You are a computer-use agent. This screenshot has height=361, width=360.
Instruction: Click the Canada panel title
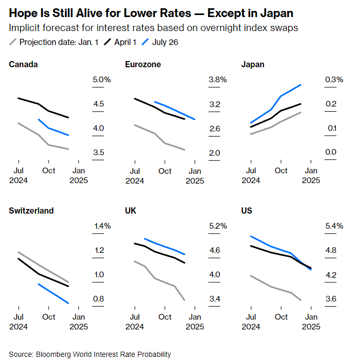pyautogui.click(x=23, y=64)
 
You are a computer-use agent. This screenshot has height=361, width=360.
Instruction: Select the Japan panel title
pyautogui.click(x=253, y=64)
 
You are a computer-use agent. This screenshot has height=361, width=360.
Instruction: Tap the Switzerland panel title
pyautogui.click(x=32, y=210)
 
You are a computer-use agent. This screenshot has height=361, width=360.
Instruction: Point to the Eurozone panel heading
pyautogui.click(x=143, y=64)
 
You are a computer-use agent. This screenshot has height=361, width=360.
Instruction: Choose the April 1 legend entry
pyautogui.click(x=121, y=42)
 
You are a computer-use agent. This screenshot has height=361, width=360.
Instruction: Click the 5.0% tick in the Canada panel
pyautogui.click(x=102, y=80)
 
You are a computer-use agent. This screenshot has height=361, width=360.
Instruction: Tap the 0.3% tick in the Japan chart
pyautogui.click(x=334, y=80)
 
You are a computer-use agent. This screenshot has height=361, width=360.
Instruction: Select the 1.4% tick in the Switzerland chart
pyautogui.click(x=102, y=226)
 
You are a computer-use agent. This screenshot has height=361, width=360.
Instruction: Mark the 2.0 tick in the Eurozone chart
pyautogui.click(x=214, y=153)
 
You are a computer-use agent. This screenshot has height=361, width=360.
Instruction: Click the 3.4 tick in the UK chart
pyautogui.click(x=214, y=299)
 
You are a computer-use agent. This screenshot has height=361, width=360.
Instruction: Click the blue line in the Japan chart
pyautogui.click(x=281, y=96)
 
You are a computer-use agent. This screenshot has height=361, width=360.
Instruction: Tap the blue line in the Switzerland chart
pyautogui.click(x=54, y=293)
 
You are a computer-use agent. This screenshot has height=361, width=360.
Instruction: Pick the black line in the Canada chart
pyautogui.click(x=49, y=111)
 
